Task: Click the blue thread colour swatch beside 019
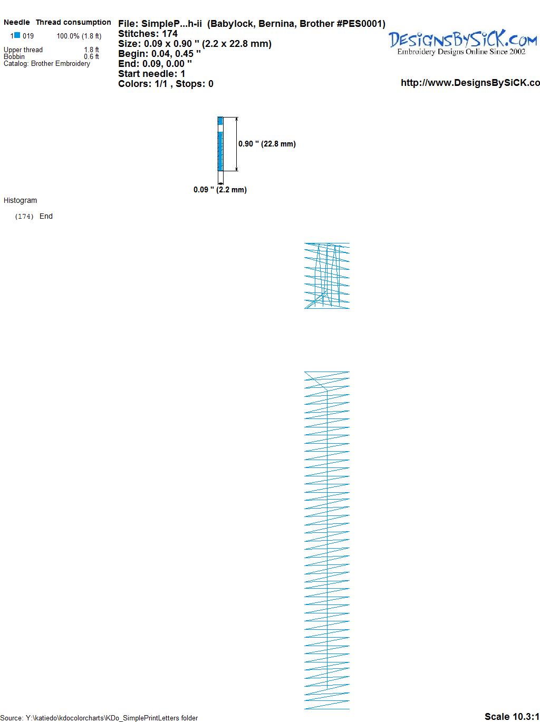click(17, 35)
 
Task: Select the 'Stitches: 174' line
click(148, 34)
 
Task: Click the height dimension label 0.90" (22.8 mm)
click(267, 144)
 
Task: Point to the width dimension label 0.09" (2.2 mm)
click(220, 190)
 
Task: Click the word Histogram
click(20, 200)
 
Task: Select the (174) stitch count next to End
click(24, 217)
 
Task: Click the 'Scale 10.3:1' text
click(512, 716)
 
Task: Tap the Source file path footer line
click(99, 718)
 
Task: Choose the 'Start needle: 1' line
click(152, 74)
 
